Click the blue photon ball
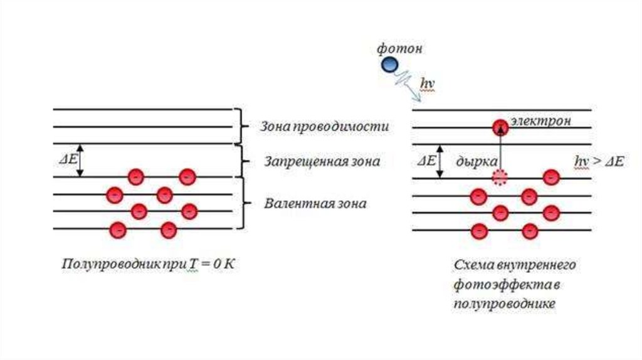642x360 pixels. point(390,63)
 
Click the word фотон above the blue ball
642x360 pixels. point(399,48)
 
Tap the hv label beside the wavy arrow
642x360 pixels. point(426,82)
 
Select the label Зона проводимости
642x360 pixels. point(324,127)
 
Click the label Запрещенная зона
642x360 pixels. point(320,161)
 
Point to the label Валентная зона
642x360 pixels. point(315,204)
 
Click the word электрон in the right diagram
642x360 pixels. point(540,122)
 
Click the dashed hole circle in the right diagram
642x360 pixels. point(500,177)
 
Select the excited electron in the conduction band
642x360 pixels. point(500,125)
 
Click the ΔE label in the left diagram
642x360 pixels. point(68,158)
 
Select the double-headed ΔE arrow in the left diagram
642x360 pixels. point(83,161)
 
